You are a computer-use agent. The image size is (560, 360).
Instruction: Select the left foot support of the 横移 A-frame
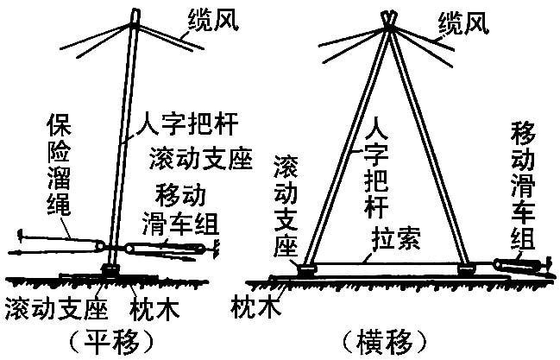(306, 269)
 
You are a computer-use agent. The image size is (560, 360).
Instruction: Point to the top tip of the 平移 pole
(135, 13)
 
